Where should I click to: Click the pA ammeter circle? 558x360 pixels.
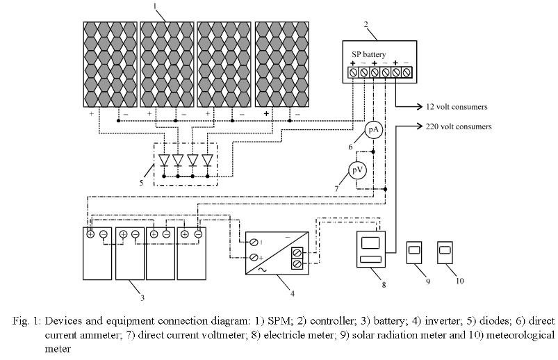click(374, 130)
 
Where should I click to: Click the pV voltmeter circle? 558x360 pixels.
click(356, 170)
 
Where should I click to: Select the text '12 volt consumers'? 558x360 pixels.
click(457, 108)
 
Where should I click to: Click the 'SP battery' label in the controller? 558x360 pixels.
click(378, 54)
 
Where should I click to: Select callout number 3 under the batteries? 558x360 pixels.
click(143, 298)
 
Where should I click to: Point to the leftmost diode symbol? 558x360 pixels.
click(165, 160)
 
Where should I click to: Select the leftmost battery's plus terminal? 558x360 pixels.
click(91, 234)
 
